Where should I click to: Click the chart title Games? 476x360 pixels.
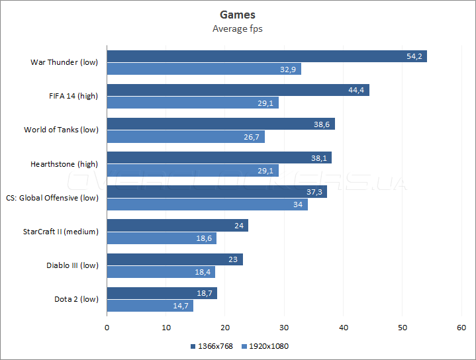tap(238, 15)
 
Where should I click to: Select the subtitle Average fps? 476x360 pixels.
tap(238, 28)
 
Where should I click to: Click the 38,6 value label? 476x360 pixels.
tap(322, 124)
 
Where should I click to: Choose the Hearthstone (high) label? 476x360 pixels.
tap(64, 163)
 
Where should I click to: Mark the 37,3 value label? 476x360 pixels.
tap(314, 192)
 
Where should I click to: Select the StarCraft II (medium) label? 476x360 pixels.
tap(60, 232)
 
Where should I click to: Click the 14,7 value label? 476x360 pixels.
tap(179, 306)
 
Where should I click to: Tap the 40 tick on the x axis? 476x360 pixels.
tap(344, 328)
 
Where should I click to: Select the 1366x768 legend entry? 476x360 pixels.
tap(211, 346)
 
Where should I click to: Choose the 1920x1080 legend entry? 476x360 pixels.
tap(265, 346)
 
